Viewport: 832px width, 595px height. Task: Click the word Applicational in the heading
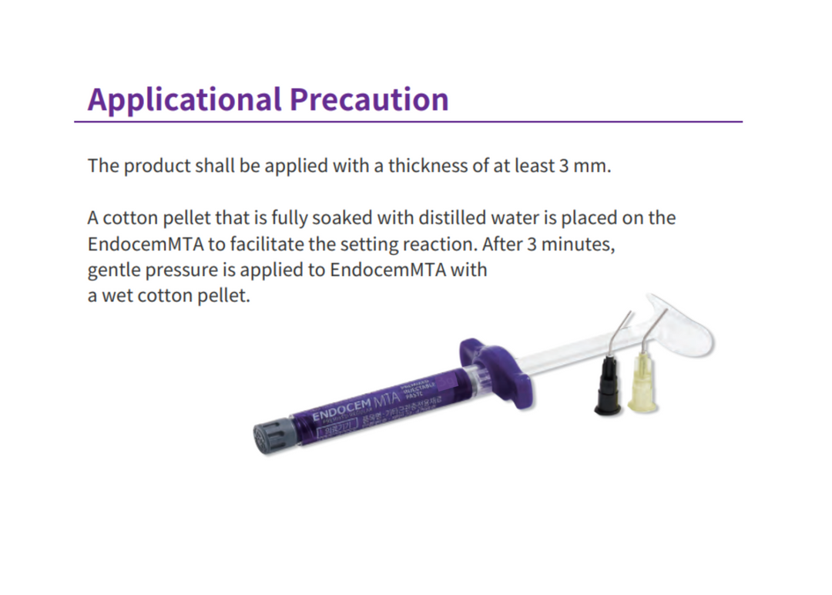point(183,99)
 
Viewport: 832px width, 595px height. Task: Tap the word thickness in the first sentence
point(431,166)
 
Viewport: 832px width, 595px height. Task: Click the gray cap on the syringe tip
point(273,437)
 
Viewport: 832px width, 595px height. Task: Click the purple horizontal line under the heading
point(408,122)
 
